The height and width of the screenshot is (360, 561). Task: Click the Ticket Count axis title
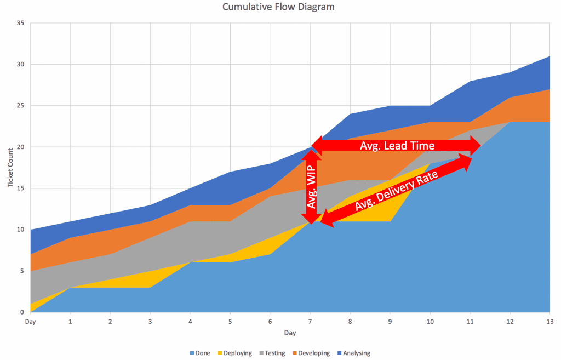(x=10, y=167)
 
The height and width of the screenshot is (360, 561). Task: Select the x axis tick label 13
(x=549, y=322)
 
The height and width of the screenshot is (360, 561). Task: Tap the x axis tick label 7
(x=310, y=322)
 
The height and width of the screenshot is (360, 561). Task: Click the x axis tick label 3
(x=150, y=322)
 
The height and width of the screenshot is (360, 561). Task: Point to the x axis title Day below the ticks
(x=290, y=333)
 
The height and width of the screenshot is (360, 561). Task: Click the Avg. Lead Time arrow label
(x=397, y=146)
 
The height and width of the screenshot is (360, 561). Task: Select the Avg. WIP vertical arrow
(x=311, y=186)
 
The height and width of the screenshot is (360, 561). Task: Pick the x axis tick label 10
(x=430, y=322)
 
